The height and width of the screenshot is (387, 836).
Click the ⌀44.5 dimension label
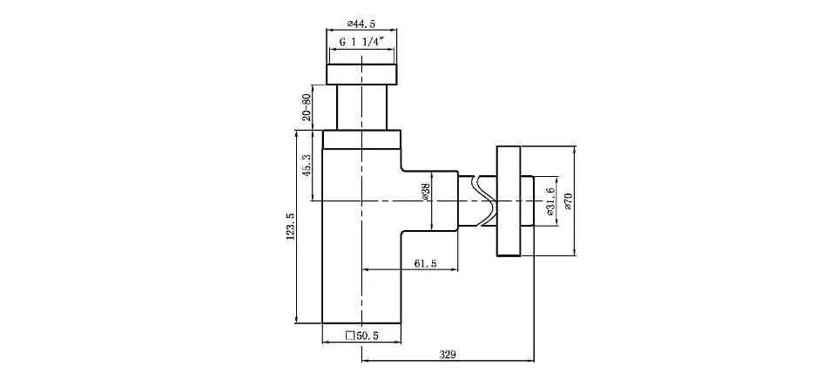coord(361,24)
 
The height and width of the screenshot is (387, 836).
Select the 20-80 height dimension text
coord(306,107)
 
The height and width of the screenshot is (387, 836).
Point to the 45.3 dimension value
coord(306,166)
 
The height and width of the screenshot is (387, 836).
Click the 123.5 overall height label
coord(290,227)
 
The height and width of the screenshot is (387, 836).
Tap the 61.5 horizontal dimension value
coord(426,263)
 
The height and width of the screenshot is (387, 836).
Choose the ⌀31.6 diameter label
coord(550,201)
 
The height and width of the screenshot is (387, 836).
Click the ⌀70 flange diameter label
coord(569,201)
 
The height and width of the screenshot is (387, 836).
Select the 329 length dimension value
coord(448,355)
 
